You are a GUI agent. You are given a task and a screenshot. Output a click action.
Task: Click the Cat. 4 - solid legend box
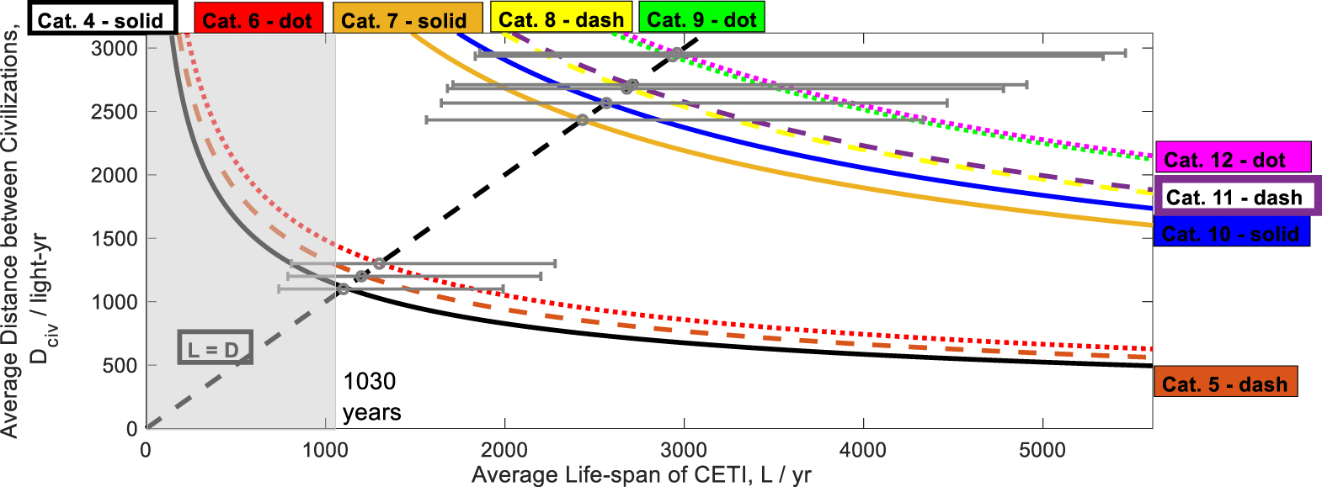click(102, 19)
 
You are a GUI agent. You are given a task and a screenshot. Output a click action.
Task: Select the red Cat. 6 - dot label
click(258, 19)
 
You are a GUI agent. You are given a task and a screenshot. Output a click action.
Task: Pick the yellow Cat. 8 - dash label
click(562, 19)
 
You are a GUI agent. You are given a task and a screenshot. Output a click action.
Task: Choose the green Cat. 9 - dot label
click(701, 19)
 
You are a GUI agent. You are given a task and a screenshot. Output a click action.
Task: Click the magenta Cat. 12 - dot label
click(1232, 159)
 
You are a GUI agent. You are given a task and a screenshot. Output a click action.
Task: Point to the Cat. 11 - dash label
click(1235, 197)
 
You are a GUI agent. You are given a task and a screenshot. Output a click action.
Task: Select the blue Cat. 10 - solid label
click(1231, 233)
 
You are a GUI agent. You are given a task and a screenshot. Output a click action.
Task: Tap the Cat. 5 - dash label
click(1225, 384)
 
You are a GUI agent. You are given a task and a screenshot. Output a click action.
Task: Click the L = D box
click(215, 348)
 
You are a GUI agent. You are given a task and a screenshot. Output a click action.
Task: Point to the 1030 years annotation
click(370, 396)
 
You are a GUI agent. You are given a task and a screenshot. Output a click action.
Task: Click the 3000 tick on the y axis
click(115, 48)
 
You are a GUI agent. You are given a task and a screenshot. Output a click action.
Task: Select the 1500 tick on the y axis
click(115, 238)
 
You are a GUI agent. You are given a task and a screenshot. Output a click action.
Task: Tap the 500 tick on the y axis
click(120, 365)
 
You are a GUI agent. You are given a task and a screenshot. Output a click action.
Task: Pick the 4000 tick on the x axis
click(863, 450)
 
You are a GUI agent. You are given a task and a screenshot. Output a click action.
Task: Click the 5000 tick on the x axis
click(1042, 450)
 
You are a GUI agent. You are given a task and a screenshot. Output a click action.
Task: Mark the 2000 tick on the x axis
click(504, 450)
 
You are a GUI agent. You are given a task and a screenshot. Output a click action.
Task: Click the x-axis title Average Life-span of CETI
click(641, 475)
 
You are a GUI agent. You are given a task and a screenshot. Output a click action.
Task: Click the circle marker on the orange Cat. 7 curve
click(583, 120)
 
